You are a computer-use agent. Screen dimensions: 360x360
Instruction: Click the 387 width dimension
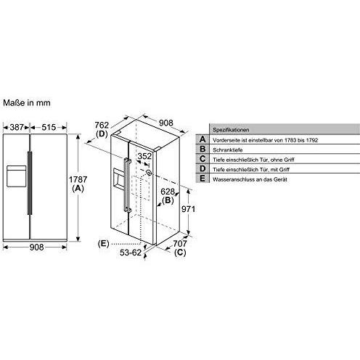[16, 128]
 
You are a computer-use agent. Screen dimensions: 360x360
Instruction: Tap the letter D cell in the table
[203, 169]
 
